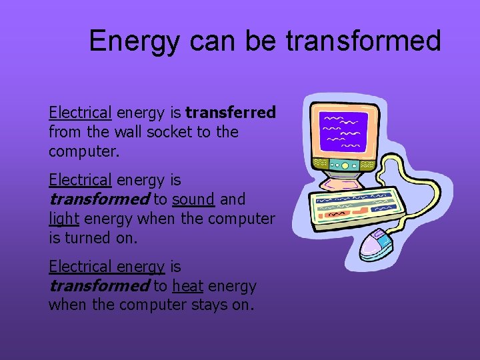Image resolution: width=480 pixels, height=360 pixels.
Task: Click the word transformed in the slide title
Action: point(363,41)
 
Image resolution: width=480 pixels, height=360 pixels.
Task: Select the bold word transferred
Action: point(231,113)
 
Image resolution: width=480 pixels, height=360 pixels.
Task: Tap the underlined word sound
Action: point(193,199)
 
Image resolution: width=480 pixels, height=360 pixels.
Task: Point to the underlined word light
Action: point(63,219)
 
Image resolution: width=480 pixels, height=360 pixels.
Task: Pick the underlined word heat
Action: point(187,286)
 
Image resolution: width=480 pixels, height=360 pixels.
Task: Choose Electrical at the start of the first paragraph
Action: point(80,113)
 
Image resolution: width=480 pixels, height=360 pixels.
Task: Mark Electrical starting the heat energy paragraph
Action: point(80,267)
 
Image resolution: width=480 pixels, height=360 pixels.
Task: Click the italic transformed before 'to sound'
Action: point(99,199)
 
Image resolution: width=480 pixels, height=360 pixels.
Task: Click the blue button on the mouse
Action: point(381,235)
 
